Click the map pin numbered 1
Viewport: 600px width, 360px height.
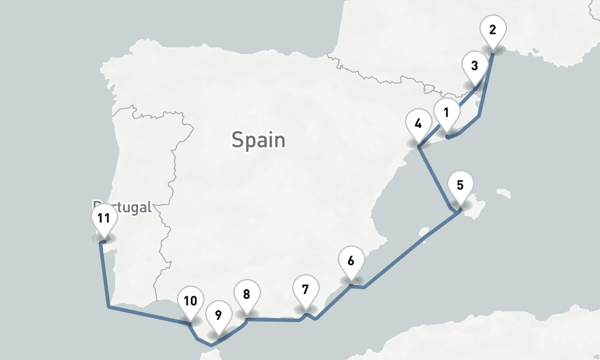[x=446, y=112]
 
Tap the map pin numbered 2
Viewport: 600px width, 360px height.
[x=493, y=29]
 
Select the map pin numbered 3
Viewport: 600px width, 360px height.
[x=475, y=65]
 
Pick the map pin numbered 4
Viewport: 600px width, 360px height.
[x=418, y=124]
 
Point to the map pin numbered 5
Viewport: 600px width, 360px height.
[x=460, y=185]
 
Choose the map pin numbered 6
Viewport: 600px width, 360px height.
[x=351, y=261]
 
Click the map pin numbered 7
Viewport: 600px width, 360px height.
[x=305, y=290]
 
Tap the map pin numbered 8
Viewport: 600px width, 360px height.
[x=247, y=294]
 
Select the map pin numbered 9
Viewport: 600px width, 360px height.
[x=218, y=314]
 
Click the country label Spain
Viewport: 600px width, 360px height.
[x=259, y=140]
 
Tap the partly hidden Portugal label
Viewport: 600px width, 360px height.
[x=129, y=208]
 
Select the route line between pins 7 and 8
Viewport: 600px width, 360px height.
[x=273, y=320]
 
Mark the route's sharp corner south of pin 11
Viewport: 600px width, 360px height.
[x=108, y=307]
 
